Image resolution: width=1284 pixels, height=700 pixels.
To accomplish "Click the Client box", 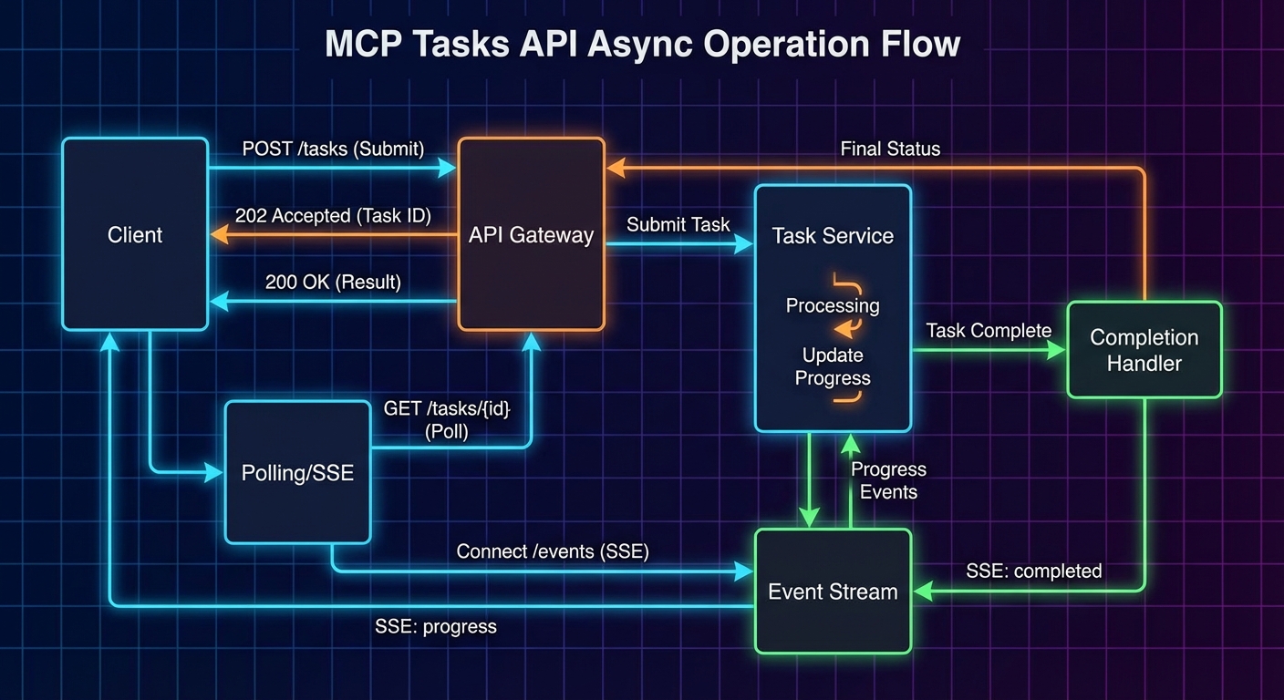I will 135,234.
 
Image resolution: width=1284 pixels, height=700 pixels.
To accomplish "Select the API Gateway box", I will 531,234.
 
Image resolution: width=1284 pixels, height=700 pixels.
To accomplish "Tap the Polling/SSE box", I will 297,473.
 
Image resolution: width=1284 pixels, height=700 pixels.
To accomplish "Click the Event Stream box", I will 833,592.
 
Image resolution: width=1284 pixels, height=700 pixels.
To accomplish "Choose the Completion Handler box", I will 1144,350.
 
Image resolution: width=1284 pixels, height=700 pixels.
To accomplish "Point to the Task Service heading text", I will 833,236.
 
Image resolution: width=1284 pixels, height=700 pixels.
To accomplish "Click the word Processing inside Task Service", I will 833,305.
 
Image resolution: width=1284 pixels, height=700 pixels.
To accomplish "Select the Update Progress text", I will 833,366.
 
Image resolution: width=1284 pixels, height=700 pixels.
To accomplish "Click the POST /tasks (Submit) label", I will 333,149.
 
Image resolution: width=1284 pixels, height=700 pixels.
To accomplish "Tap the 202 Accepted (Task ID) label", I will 333,216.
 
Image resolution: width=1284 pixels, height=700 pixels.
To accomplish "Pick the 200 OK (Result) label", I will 333,282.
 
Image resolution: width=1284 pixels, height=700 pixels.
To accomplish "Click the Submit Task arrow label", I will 678,224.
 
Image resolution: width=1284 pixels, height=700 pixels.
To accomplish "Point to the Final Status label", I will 890,149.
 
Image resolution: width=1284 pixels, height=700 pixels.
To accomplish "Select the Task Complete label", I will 989,330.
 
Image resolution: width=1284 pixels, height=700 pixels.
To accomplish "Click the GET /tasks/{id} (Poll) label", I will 447,420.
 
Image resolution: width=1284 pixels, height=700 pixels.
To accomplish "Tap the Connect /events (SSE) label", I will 553,551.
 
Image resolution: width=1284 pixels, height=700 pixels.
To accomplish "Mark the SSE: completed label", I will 1033,571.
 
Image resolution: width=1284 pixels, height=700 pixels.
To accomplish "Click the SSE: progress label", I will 436,626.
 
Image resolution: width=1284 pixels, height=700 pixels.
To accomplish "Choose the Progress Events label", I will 888,480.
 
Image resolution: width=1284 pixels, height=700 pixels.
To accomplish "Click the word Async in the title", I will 636,44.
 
